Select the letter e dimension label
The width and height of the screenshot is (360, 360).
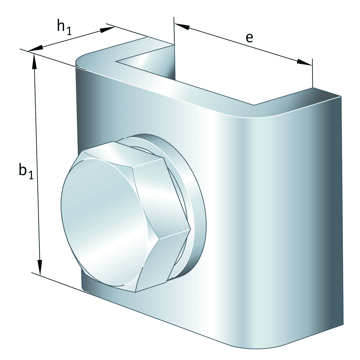[249, 37]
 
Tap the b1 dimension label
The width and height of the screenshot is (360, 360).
[25, 171]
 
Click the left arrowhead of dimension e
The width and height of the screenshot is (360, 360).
[182, 26]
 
